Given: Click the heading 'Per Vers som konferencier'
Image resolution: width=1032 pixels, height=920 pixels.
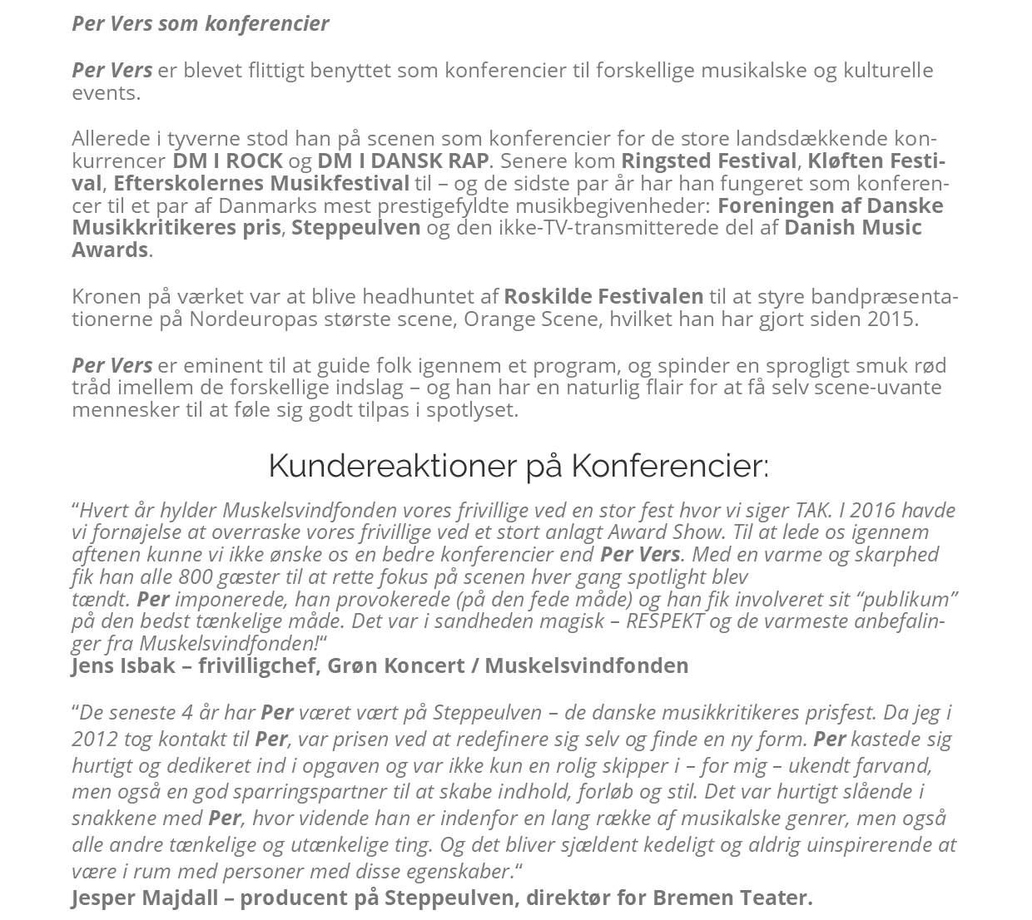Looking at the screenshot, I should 200,23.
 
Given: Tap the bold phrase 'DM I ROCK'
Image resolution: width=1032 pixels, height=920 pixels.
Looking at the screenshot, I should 227,161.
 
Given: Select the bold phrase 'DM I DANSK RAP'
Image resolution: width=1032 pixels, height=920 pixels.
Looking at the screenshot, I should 403,161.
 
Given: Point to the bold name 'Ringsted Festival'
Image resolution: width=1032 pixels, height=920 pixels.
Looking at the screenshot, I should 708,161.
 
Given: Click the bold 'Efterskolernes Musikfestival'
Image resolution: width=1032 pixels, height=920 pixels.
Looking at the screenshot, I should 261,183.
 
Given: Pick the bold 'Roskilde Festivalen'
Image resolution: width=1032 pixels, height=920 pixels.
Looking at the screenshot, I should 603,296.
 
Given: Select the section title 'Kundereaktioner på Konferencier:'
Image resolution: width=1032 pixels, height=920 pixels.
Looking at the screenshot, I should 518,466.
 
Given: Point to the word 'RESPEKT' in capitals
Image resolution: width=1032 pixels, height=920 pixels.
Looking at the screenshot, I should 664,621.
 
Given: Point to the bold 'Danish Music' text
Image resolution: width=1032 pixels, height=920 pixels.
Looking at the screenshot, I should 853,227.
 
